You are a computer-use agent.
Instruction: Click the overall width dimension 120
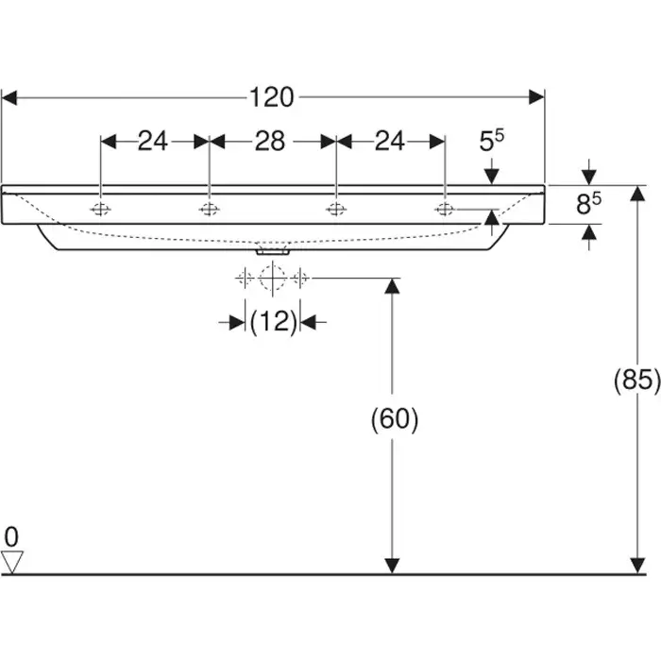(272, 96)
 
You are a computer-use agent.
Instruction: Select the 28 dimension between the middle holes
(270, 142)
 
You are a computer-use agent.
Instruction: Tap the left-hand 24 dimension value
(153, 142)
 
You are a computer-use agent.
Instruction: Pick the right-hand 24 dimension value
(390, 142)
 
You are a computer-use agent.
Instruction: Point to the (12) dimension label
(273, 322)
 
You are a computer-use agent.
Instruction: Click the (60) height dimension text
(394, 419)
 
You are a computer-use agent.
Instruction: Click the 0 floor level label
(10, 537)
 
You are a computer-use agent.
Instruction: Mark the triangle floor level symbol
(11, 563)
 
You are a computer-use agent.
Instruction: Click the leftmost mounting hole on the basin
(100, 209)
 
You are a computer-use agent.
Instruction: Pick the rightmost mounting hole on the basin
(445, 209)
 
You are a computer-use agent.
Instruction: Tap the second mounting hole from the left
(209, 209)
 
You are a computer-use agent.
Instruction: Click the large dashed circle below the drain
(272, 278)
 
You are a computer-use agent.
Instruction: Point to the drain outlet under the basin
(272, 252)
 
